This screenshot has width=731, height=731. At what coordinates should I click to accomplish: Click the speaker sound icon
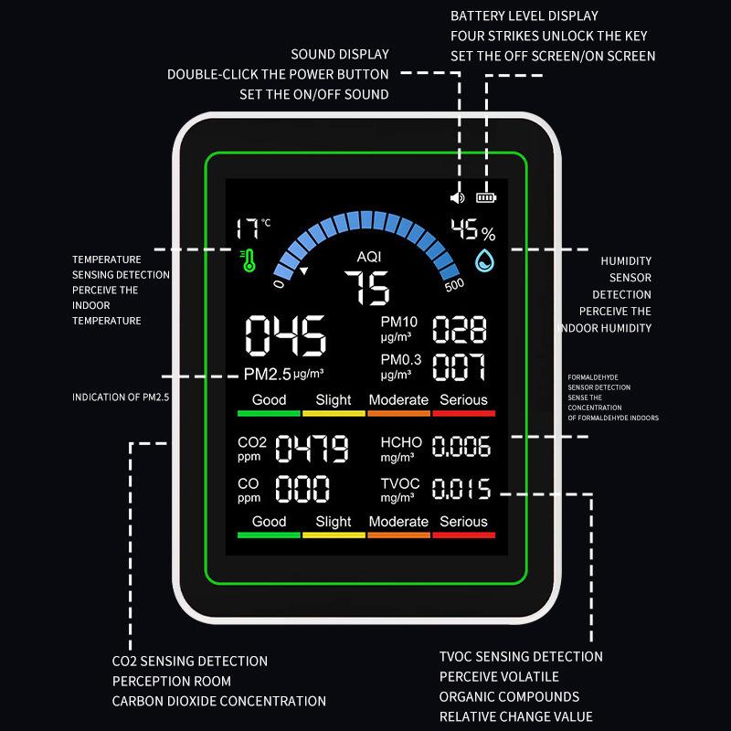(x=458, y=196)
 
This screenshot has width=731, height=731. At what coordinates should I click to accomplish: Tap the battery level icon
(x=487, y=196)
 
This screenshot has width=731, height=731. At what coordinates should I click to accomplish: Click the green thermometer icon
(x=248, y=261)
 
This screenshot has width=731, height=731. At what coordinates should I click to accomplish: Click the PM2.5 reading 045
(x=285, y=337)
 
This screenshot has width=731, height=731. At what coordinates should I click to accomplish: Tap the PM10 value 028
(x=460, y=329)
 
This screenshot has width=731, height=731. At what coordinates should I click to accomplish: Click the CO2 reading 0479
(x=312, y=450)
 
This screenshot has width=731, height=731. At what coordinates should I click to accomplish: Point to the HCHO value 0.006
(x=461, y=447)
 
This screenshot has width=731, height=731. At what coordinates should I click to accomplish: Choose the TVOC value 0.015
(x=461, y=489)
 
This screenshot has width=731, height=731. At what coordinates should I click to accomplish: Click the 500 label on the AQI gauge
(x=454, y=284)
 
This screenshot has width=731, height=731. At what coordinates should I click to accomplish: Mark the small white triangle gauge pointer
(x=304, y=271)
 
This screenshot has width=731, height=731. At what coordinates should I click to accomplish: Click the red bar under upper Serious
(x=463, y=414)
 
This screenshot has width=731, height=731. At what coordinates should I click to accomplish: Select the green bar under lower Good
(x=269, y=535)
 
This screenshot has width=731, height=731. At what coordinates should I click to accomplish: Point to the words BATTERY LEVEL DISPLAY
(x=524, y=16)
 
